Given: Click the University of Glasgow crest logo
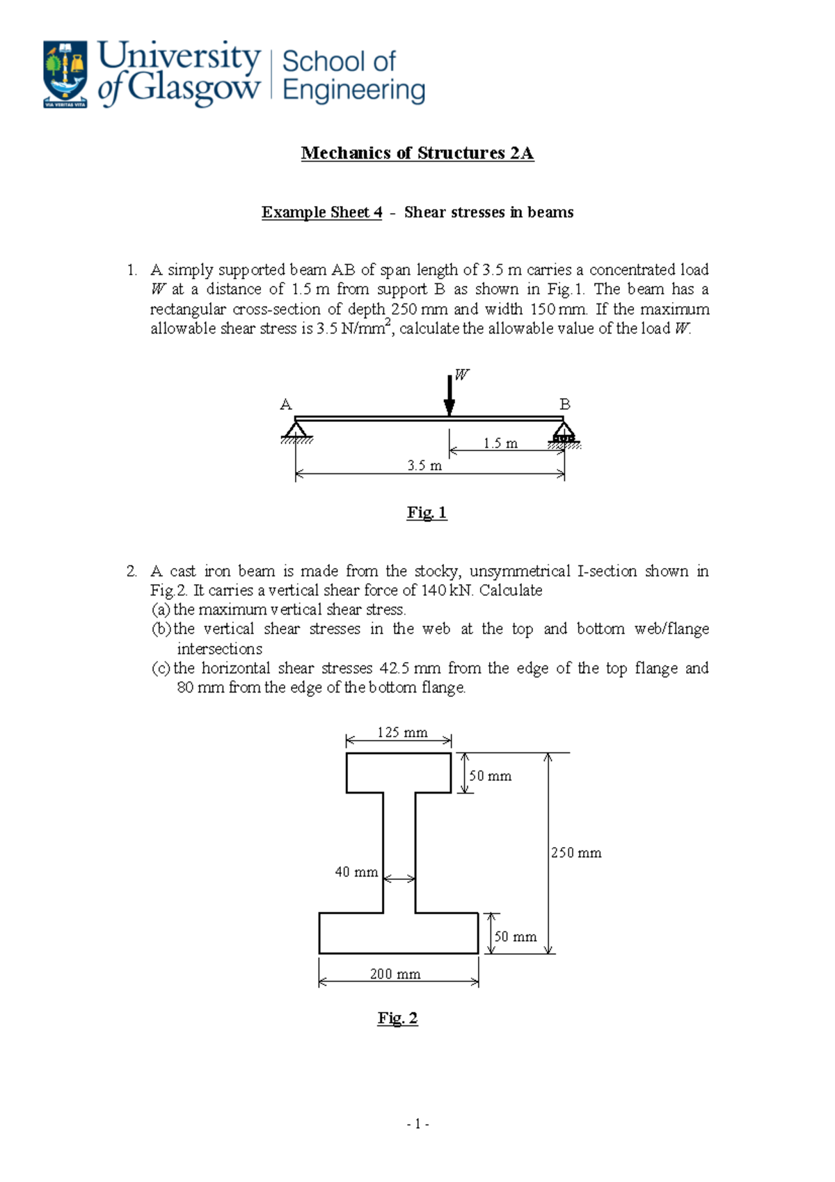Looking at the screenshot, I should (x=65, y=74).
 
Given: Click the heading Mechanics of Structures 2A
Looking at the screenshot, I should (x=417, y=153).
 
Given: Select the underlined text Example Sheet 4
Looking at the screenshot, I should (x=321, y=212).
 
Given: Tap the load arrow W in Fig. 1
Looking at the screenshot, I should (x=450, y=395).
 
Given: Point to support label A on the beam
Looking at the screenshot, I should (x=285, y=404).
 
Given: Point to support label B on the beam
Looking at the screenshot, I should (x=565, y=404).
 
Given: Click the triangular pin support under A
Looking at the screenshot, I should (x=296, y=430).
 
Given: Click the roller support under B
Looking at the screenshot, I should (x=564, y=432).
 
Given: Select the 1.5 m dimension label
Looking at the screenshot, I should (x=500, y=443).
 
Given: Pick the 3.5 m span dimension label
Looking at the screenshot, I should (x=424, y=466).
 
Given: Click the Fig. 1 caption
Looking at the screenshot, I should (x=427, y=513).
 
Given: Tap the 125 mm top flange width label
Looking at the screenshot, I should (x=402, y=732).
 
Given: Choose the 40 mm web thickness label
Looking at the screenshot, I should (x=356, y=872).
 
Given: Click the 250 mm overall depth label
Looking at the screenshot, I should (x=576, y=853).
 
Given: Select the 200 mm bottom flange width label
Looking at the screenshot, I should (x=395, y=974).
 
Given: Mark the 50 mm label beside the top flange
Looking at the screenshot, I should (x=491, y=776).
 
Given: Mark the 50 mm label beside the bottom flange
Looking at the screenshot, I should (x=516, y=937).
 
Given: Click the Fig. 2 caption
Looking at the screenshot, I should (x=397, y=1018).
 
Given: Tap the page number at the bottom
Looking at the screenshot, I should (x=417, y=1124).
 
